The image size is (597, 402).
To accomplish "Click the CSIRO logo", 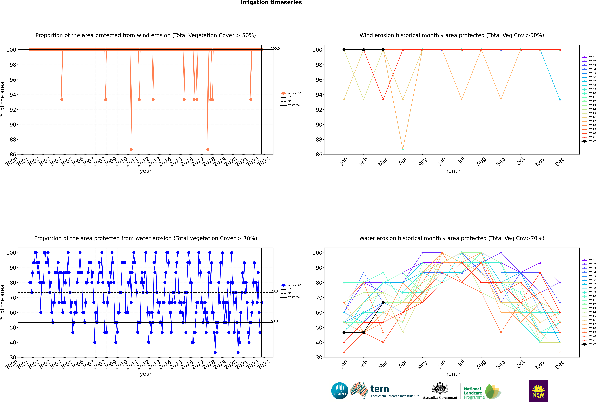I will point(340,391).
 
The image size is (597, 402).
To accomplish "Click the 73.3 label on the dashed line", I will point(274,291).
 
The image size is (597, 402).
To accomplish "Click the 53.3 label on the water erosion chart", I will point(274,322).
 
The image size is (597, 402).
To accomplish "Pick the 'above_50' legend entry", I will point(294,93).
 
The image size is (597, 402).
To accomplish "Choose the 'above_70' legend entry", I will point(294,285).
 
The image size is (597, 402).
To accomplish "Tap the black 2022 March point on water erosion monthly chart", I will point(383,303).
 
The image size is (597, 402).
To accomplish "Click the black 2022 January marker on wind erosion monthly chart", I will point(344,50).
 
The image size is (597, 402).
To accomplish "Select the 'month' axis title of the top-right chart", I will point(452,171).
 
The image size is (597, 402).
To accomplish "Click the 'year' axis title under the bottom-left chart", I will point(146,374).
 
